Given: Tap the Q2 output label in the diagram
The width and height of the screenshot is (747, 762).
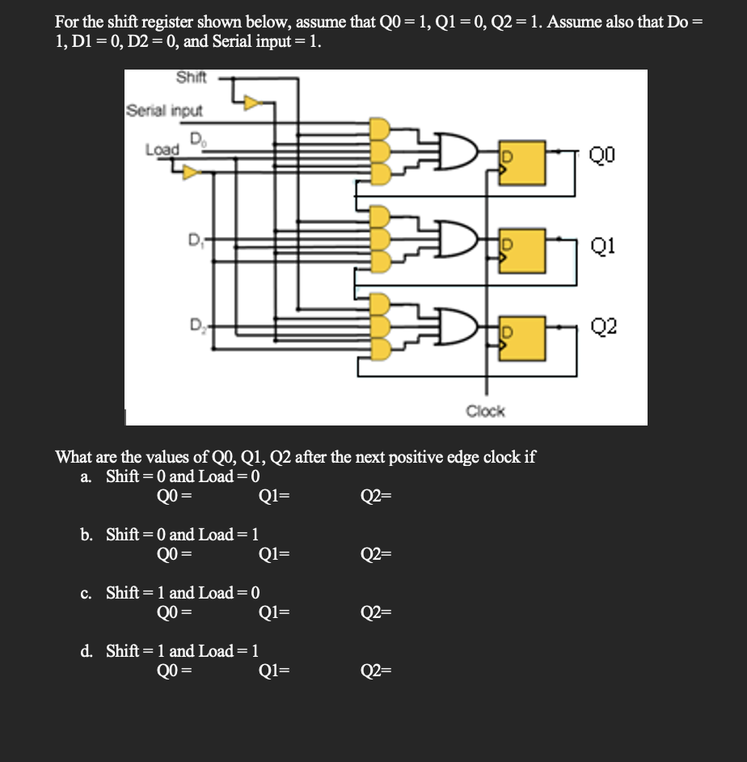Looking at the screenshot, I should [x=602, y=326].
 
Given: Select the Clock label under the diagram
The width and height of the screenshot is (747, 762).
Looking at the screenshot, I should [x=485, y=411].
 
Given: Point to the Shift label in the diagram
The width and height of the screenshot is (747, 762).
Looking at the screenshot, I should [x=191, y=78].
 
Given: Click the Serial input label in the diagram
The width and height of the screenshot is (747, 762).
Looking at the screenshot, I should [x=164, y=110].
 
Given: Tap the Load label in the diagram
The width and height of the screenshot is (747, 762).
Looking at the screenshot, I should [x=162, y=150].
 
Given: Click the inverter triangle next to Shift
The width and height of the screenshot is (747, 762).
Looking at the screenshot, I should [x=253, y=103].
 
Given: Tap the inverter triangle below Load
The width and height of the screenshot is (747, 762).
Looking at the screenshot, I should [x=191, y=171].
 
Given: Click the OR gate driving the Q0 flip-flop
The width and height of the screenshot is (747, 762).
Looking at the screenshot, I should [x=448, y=154].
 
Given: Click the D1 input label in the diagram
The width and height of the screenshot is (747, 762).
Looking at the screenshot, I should [x=194, y=239].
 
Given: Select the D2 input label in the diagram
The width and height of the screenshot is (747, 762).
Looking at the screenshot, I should [x=194, y=326].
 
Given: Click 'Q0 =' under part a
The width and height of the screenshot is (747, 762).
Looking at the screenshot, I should [x=174, y=497].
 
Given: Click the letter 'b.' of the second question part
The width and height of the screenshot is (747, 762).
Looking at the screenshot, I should [x=86, y=534].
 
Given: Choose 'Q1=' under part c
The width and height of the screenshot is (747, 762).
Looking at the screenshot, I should [x=274, y=612].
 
